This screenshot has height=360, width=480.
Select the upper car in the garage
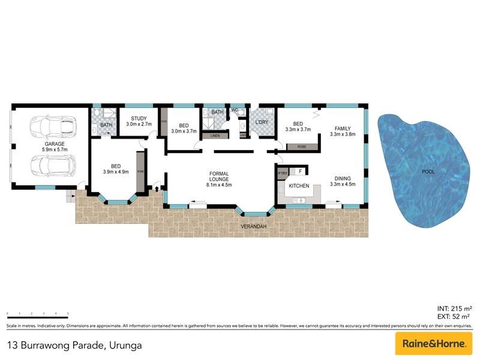53,126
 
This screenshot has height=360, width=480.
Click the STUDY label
139,118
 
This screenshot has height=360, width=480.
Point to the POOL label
428,172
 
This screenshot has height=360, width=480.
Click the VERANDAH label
255,226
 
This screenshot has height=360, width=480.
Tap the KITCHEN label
299,186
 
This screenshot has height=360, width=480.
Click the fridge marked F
299,172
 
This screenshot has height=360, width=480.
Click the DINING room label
343,178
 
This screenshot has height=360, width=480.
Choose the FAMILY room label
343,128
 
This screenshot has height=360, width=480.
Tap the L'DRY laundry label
262,122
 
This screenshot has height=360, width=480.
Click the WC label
235,110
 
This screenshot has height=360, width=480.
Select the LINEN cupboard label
214,136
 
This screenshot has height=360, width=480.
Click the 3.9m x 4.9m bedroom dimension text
117,173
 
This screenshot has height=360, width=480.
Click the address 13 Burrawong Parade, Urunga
75,345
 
